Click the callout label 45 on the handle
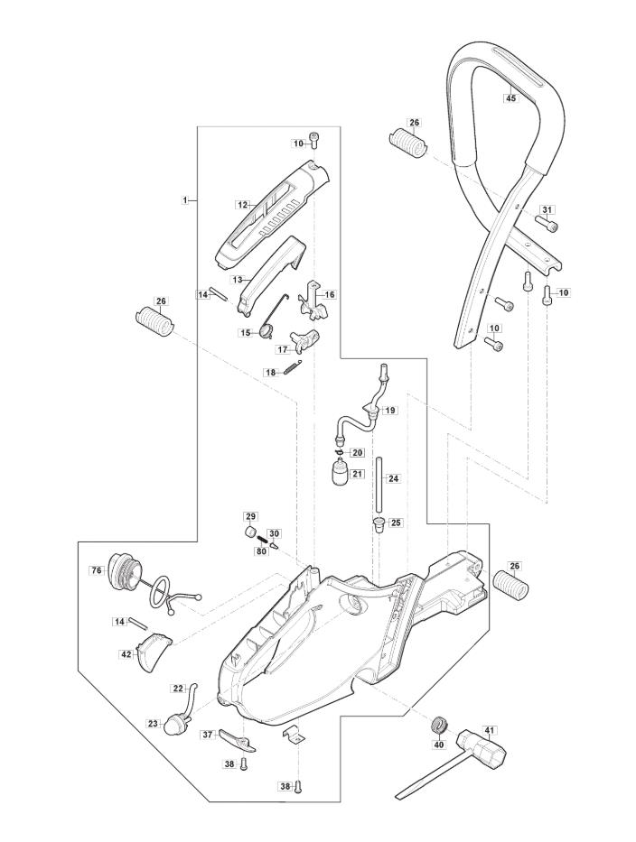[x=510, y=97]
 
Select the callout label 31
[x=547, y=208]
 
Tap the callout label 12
[x=242, y=204]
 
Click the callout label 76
[x=96, y=570]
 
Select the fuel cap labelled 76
[x=126, y=572]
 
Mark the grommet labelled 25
[x=379, y=523]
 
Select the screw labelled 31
[x=547, y=225]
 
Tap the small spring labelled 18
[x=294, y=366]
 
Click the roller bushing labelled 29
[x=250, y=533]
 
